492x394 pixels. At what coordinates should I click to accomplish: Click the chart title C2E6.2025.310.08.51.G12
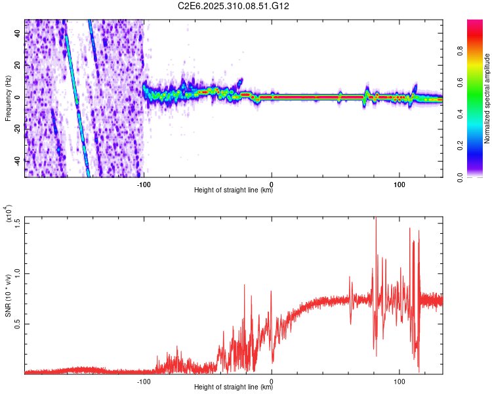(x=234, y=6)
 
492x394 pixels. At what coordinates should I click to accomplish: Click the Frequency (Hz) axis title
(x=8, y=98)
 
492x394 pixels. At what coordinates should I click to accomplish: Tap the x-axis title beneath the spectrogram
(x=234, y=191)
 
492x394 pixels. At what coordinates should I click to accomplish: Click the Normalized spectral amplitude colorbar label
(x=487, y=98)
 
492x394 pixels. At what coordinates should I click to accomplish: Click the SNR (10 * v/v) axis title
(x=9, y=295)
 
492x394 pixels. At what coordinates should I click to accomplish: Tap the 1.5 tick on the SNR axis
(x=18, y=222)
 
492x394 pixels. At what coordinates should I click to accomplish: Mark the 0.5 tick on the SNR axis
(x=18, y=323)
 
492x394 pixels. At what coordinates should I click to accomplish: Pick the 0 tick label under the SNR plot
(x=272, y=380)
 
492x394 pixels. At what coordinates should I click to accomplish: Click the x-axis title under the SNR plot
(x=234, y=388)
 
